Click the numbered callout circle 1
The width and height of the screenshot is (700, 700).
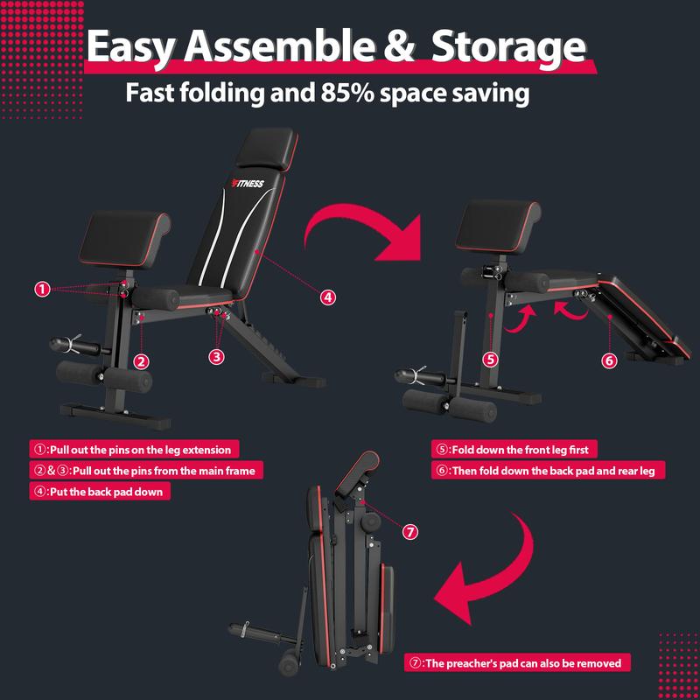click(x=42, y=290)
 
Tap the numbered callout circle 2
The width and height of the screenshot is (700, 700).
click(x=141, y=361)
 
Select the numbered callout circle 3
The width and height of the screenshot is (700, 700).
click(x=216, y=356)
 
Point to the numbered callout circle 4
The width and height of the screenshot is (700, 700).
click(x=327, y=297)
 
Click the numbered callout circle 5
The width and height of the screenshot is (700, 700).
click(x=491, y=360)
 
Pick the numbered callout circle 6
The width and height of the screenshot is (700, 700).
click(x=609, y=360)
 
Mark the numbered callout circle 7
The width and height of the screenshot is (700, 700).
click(x=409, y=532)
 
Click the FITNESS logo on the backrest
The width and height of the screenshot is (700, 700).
click(x=248, y=184)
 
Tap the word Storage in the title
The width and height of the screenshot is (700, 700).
click(x=508, y=47)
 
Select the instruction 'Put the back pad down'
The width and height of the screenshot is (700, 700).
click(x=100, y=492)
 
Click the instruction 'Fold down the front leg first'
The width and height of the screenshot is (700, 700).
click(x=514, y=449)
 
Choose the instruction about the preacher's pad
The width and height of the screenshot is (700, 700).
click(x=517, y=662)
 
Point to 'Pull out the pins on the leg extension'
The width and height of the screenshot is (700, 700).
click(x=135, y=449)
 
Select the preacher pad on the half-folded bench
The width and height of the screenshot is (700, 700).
click(x=498, y=227)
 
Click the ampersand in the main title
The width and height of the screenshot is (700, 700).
click(x=398, y=46)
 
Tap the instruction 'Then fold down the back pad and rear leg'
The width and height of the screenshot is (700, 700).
click(x=549, y=471)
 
